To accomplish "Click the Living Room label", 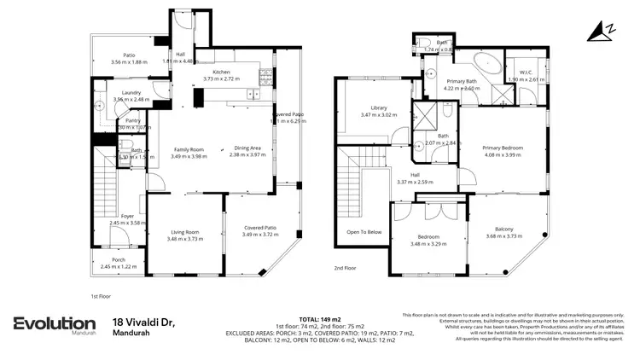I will click(x=185, y=231).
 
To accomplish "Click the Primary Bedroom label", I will click(x=502, y=148).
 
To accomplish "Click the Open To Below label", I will click(x=364, y=231).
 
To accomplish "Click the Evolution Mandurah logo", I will click(x=54, y=325).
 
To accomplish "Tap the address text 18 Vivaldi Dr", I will click(x=143, y=322).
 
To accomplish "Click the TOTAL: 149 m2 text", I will click(x=320, y=316).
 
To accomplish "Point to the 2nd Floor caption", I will click(x=345, y=268).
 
